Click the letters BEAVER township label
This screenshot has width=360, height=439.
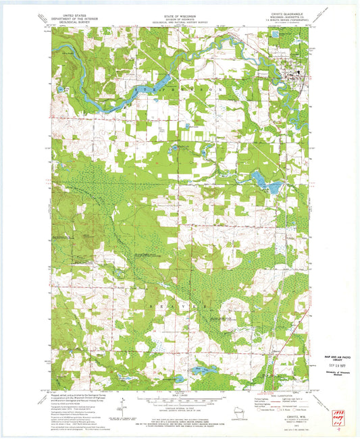pos(179,305)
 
